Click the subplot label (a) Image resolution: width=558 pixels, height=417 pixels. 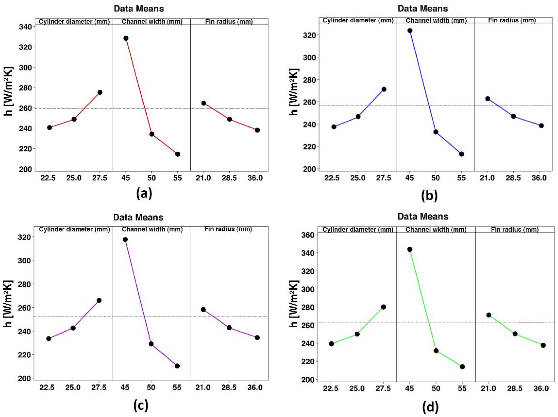(144, 194)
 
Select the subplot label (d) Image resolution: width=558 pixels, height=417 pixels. (430, 407)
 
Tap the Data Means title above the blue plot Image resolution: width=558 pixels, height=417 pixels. (422, 9)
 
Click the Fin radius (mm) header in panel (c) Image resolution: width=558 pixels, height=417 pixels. (228, 229)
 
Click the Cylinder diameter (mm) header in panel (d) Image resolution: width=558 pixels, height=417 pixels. (358, 230)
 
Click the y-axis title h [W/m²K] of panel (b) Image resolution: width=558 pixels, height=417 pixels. (294, 92)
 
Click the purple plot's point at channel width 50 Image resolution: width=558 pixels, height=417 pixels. (151, 344)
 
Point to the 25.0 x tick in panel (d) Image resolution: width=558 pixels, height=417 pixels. (357, 388)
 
